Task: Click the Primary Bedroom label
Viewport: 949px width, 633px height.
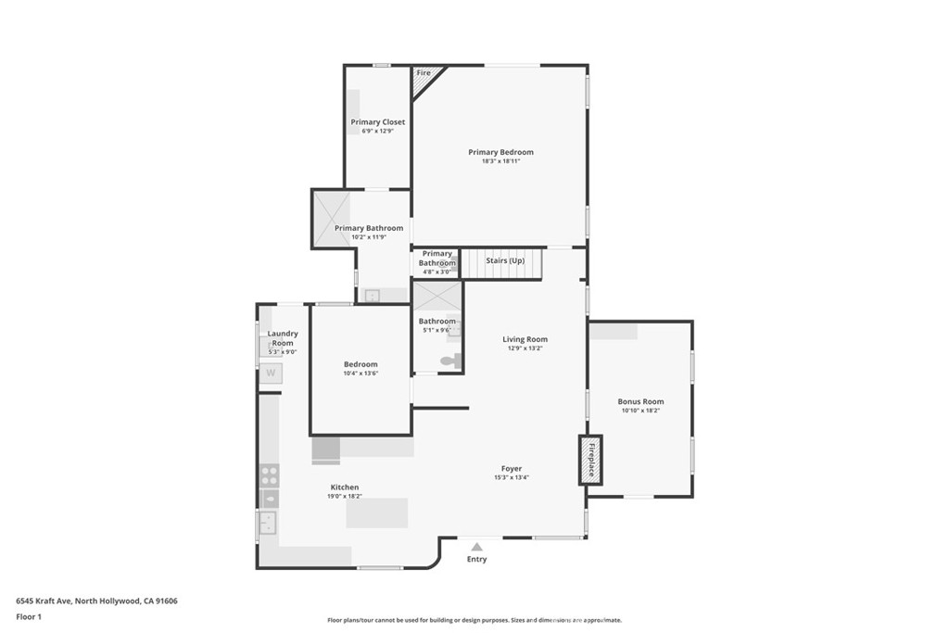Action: (500, 152)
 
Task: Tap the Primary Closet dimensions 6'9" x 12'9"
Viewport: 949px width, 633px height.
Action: (378, 131)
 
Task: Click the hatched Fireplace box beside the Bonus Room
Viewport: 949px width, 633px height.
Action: (590, 460)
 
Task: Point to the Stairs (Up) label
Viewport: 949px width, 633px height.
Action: (505, 260)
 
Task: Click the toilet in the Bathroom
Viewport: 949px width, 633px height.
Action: (450, 361)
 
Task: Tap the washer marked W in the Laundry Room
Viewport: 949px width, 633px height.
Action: (271, 373)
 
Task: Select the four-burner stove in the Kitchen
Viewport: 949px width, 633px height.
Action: (270, 475)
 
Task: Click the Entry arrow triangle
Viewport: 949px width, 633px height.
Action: (477, 547)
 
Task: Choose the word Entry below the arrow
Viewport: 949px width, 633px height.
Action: (477, 559)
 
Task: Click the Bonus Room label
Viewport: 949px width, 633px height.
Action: (640, 401)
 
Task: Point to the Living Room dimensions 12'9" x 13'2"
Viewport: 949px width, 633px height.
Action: (525, 348)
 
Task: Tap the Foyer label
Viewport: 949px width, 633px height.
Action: (512, 468)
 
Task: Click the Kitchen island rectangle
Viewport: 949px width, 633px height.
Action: (377, 513)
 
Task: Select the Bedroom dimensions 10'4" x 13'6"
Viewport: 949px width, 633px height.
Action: (361, 373)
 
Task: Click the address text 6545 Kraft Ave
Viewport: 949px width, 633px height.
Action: (44, 601)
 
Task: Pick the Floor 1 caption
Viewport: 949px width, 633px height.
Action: (29, 617)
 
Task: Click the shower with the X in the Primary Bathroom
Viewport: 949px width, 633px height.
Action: (332, 219)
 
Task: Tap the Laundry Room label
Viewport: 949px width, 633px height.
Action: (283, 338)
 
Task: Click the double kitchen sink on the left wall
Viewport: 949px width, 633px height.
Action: (268, 523)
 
